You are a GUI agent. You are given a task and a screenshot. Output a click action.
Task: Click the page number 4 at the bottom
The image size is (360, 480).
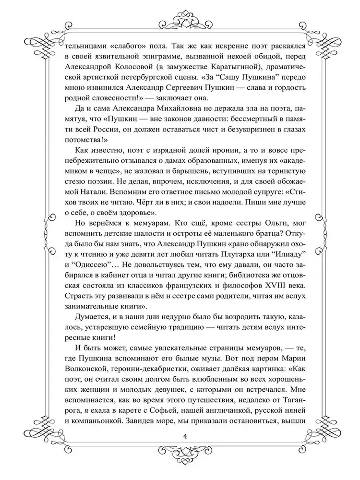coord(180,435)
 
